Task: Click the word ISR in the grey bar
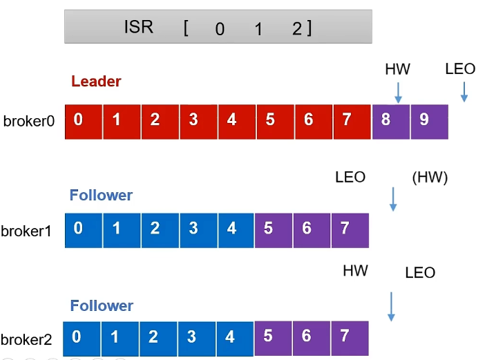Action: click(x=138, y=26)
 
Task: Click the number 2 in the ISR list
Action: click(x=297, y=29)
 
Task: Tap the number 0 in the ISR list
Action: click(x=220, y=29)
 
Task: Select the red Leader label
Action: click(x=96, y=82)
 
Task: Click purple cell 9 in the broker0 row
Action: click(x=429, y=122)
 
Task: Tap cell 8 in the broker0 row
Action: click(x=391, y=122)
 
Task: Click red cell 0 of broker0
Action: click(x=84, y=122)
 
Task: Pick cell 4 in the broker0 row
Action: click(x=237, y=122)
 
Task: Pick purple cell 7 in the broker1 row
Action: click(x=350, y=230)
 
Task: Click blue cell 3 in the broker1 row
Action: click(x=198, y=230)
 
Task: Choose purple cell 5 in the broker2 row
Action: click(x=273, y=339)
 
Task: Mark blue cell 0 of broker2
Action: click(x=82, y=339)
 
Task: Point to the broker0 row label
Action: click(x=29, y=121)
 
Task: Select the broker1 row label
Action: click(x=26, y=231)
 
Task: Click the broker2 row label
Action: click(x=26, y=339)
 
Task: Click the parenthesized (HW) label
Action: click(x=430, y=178)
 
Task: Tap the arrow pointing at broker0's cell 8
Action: click(x=399, y=93)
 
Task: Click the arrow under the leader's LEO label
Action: click(x=464, y=92)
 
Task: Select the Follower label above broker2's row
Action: click(x=102, y=305)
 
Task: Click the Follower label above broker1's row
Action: click(x=101, y=195)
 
